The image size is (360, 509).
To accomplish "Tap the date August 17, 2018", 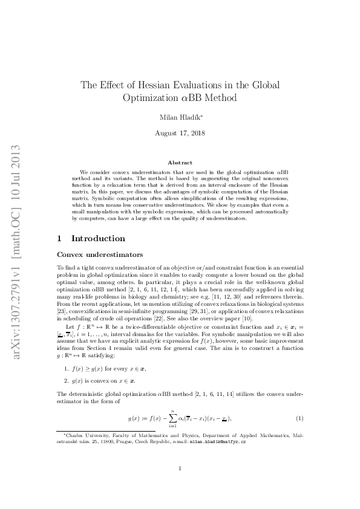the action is (x=180, y=132).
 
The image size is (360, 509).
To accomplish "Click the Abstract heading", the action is (x=180, y=163).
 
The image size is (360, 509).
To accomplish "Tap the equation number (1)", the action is (x=299, y=418).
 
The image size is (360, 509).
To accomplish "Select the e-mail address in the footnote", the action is (x=218, y=441).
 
